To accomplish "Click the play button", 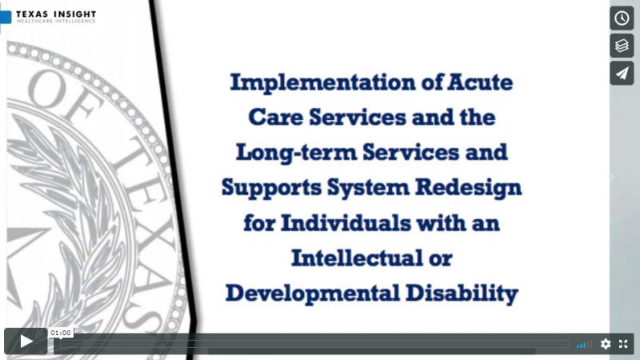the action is [26, 342].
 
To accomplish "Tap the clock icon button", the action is [622, 18].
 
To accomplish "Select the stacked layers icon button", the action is [622, 46].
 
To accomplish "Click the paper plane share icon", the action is [622, 74].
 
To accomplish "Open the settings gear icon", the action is [606, 344].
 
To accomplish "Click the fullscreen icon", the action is [623, 344].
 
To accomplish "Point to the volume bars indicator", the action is [584, 345].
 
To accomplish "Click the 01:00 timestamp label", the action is [61, 333].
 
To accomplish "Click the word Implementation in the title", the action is [323, 83].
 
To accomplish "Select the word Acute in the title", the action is [480, 82].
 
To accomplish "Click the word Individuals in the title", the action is [346, 223].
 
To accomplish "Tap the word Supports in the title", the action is [271, 188].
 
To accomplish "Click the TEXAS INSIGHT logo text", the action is [56, 14].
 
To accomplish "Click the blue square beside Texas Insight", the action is [6, 17].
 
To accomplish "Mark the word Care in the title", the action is [275, 118].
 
